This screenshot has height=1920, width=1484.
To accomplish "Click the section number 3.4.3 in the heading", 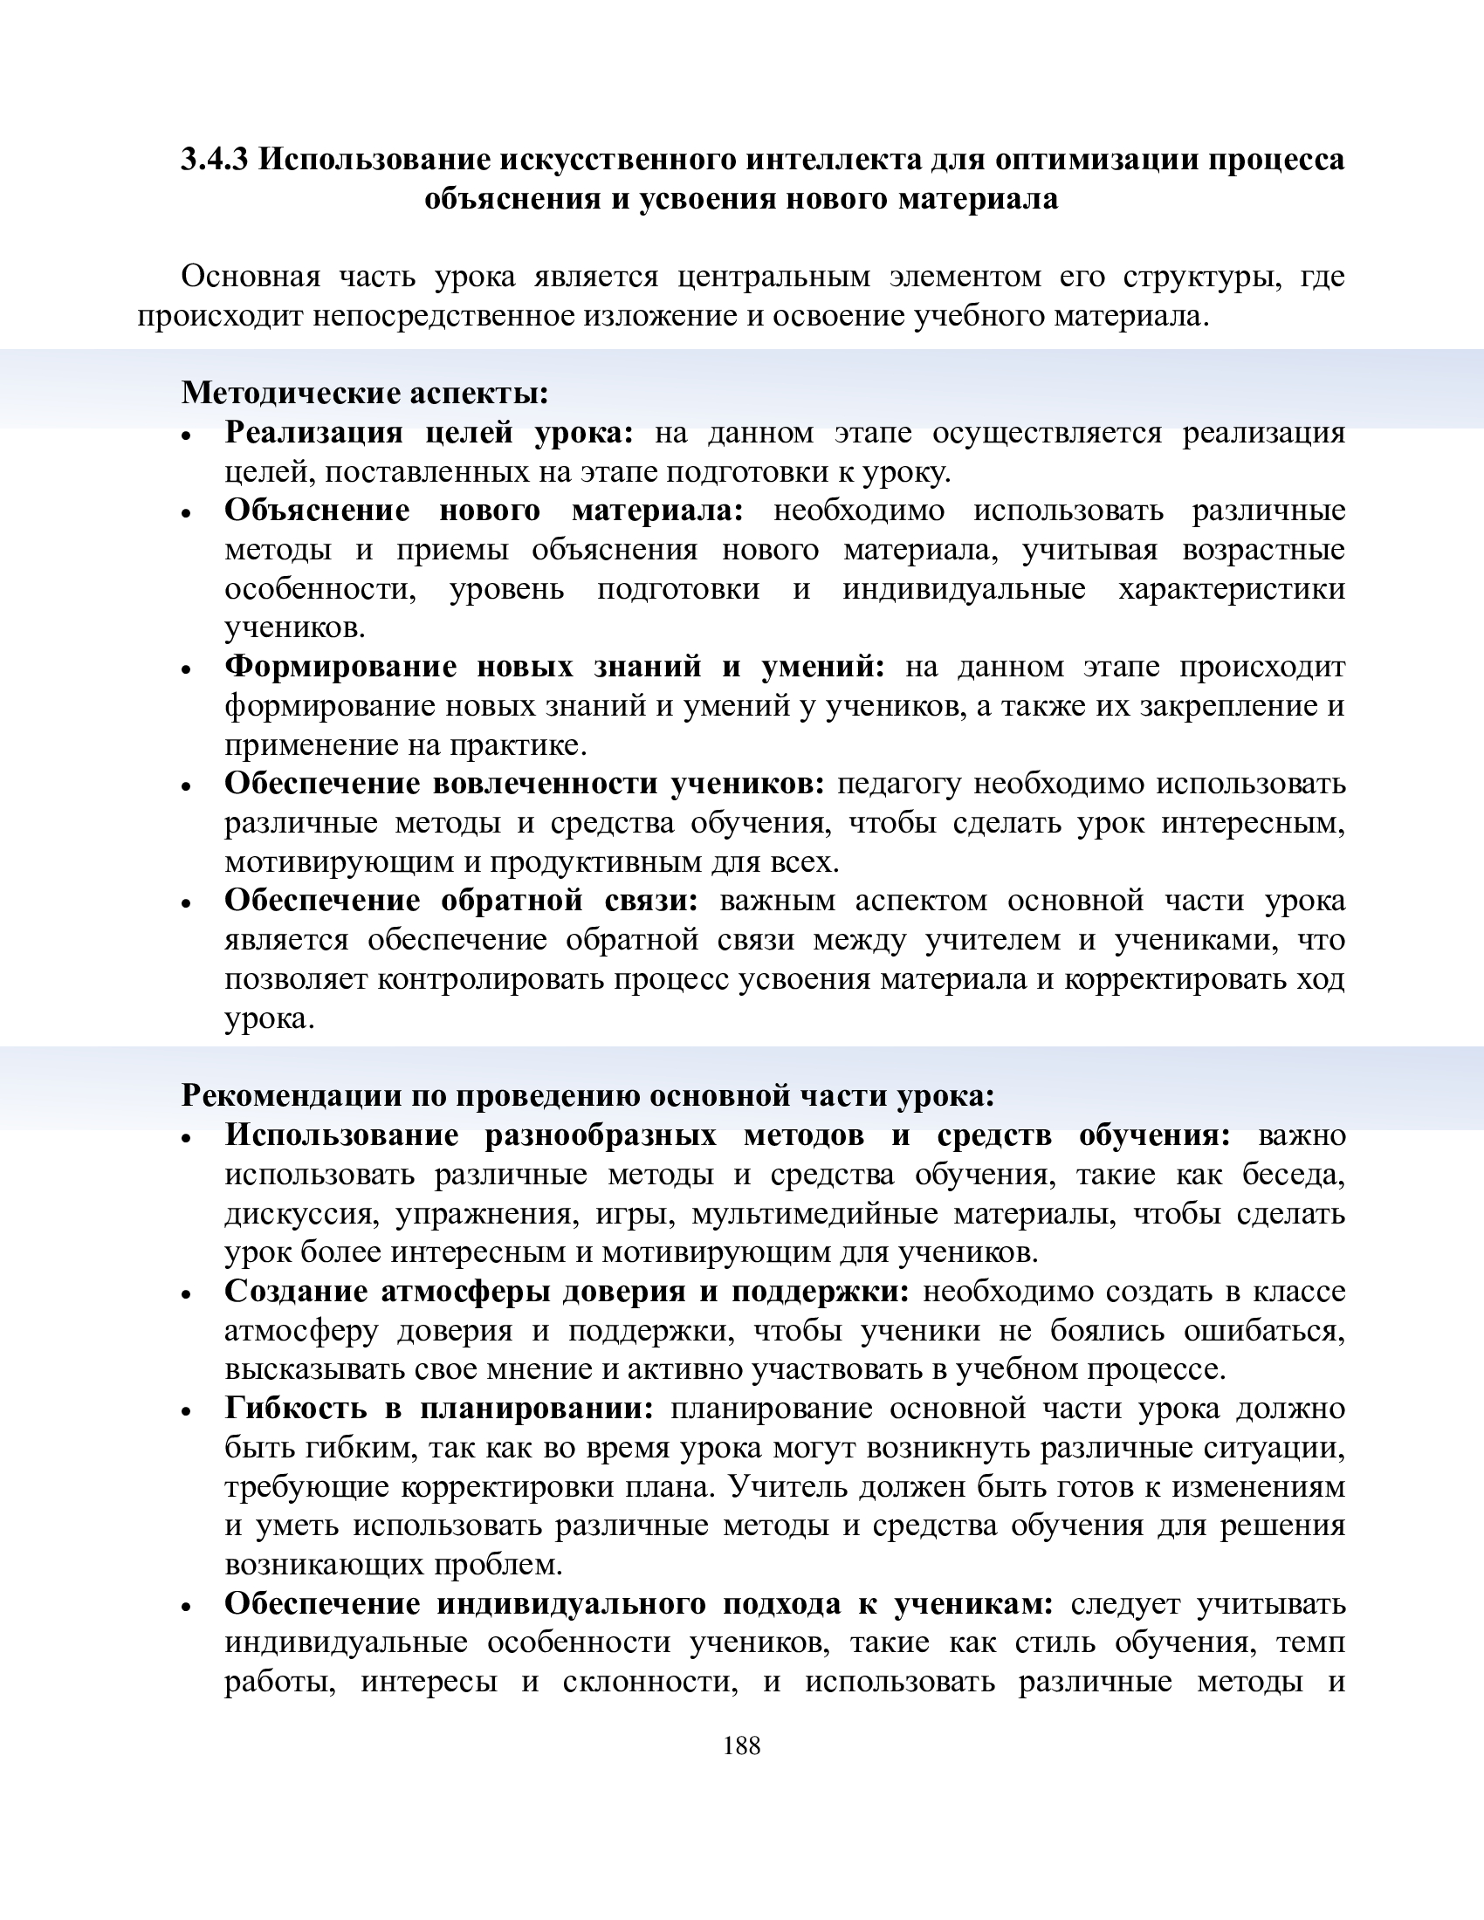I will click(x=215, y=160).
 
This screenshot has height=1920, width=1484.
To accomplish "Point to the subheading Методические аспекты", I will click(x=365, y=393).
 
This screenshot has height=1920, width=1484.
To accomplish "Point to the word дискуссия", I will click(x=300, y=1214).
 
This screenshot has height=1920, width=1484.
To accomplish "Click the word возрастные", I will click(x=1263, y=550).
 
